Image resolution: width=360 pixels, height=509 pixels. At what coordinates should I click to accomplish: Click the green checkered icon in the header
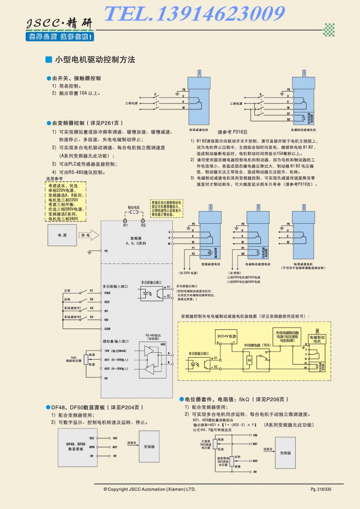coord(330,30)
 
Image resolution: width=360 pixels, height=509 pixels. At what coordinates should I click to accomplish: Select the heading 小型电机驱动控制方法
coord(94,59)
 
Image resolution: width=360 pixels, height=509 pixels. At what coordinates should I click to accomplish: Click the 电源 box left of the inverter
coord(62,235)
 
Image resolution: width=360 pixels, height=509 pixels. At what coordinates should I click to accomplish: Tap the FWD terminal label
coord(107,293)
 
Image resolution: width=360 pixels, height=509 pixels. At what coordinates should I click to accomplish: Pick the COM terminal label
coord(107,329)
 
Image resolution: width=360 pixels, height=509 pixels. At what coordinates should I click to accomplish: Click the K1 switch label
coord(91,291)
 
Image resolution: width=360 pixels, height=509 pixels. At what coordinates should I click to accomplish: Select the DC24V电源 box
coord(226,336)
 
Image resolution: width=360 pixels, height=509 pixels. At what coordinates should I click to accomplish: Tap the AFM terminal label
coord(91,447)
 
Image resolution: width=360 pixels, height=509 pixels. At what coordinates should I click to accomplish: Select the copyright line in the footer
coord(149,489)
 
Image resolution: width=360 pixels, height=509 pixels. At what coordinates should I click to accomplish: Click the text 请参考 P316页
coord(233,132)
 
